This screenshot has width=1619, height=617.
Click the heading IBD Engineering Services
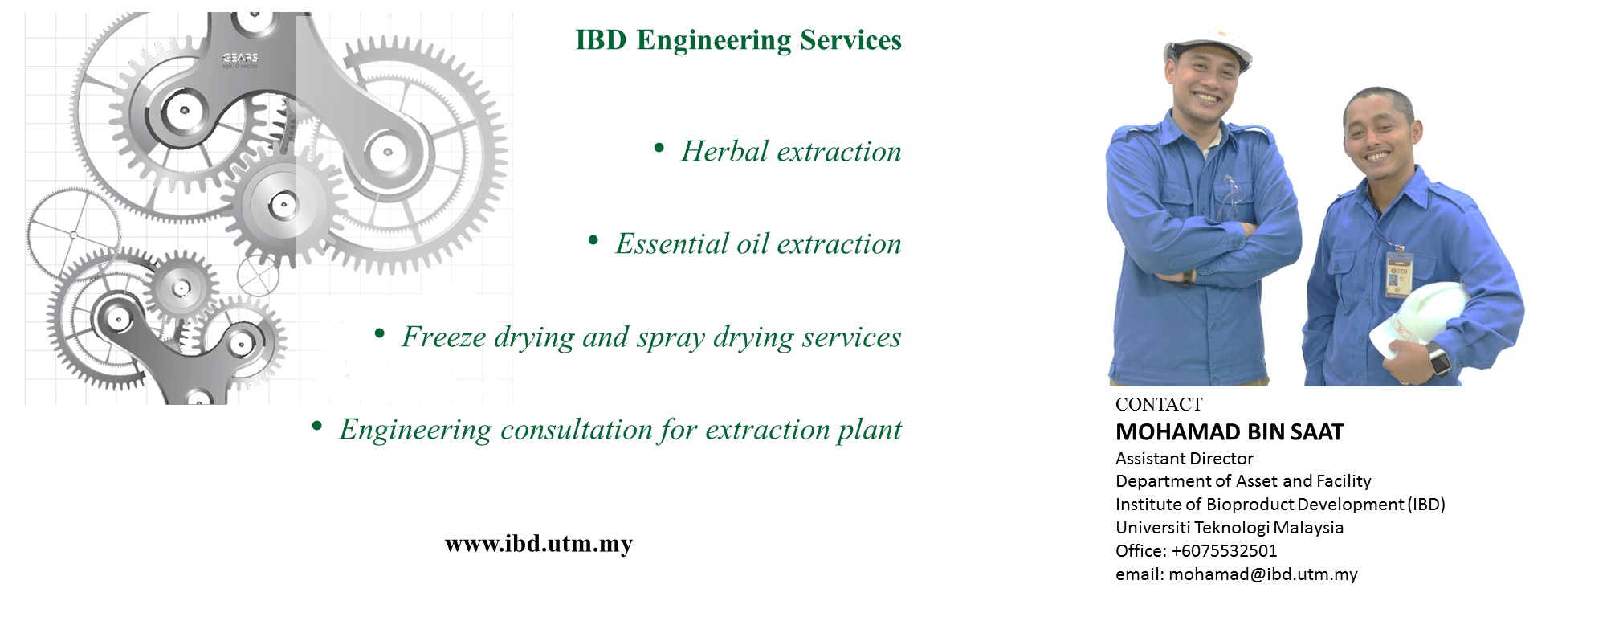click(738, 40)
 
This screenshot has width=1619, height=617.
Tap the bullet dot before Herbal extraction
click(659, 148)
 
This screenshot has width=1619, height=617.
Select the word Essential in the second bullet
click(672, 243)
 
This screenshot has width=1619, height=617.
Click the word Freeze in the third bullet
click(444, 337)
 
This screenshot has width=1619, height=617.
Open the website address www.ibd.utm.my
click(539, 544)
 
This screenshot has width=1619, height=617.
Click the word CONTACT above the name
click(1159, 404)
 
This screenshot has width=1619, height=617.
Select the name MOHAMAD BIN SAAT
click(1230, 432)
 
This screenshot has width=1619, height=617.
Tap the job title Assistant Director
click(1185, 459)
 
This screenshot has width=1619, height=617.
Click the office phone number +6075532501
click(1224, 551)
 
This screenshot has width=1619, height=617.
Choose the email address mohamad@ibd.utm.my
click(1263, 574)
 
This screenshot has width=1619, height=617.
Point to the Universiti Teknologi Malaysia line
click(1230, 528)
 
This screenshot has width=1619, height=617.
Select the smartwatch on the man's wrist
click(1439, 360)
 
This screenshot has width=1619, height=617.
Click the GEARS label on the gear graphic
click(240, 58)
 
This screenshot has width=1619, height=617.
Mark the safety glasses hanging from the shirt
click(1229, 198)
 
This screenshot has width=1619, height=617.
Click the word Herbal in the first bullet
click(724, 151)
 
